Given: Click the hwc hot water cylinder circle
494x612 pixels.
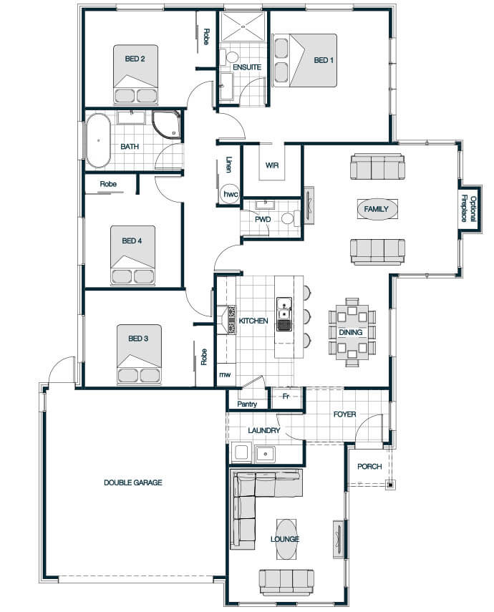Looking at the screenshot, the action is (230, 193).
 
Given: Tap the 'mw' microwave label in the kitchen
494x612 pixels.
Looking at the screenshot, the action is (225, 374).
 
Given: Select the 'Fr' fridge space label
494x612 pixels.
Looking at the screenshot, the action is (286, 396).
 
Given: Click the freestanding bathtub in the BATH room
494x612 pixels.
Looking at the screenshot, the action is (98, 140).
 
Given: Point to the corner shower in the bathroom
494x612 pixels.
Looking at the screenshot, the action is (166, 125).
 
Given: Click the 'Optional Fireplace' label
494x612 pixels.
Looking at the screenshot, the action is (469, 209).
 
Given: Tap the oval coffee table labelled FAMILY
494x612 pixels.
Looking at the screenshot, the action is (377, 209).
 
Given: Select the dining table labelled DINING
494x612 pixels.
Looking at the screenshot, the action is (352, 332).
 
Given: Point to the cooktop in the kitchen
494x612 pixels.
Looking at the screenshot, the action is (231, 320).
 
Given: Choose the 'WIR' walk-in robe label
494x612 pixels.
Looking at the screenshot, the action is (272, 165).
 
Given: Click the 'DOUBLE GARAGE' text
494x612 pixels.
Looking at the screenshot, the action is (132, 483).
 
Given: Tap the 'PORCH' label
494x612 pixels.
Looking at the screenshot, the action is (369, 467).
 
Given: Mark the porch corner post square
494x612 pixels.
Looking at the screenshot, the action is (389, 485).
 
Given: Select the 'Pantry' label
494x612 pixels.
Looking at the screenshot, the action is (247, 404).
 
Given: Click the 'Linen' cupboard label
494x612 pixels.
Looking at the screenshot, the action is (229, 165).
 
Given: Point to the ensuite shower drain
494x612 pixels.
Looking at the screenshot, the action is (243, 26).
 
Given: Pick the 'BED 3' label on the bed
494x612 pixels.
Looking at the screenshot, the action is (138, 339).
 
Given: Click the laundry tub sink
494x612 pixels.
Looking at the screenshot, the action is (265, 454).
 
